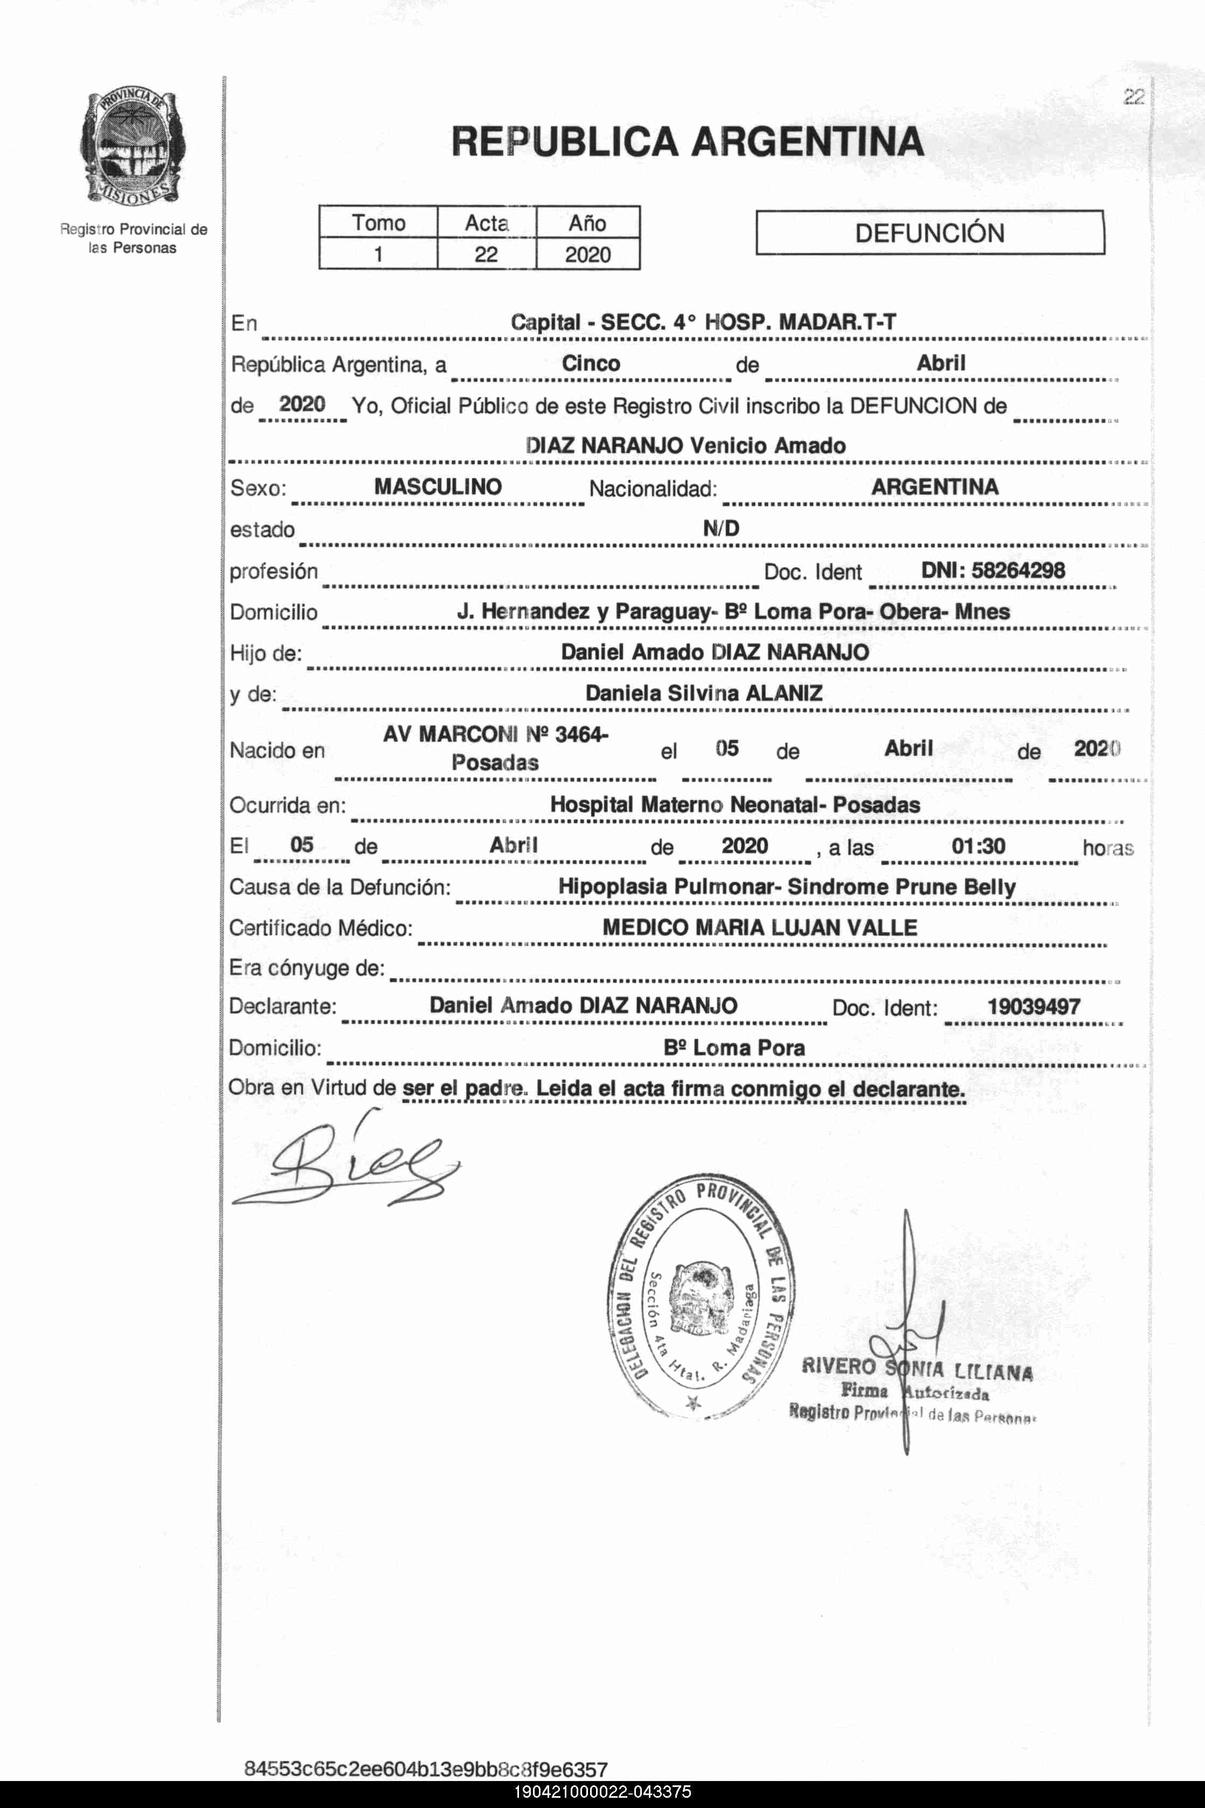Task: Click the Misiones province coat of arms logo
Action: pos(132,148)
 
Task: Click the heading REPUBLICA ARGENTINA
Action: pos(687,141)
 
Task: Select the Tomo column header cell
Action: pos(378,223)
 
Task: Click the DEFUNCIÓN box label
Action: pos(929,233)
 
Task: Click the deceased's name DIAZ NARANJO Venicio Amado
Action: pos(685,446)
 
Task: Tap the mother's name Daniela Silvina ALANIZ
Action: pos(703,693)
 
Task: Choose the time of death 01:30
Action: pos(978,847)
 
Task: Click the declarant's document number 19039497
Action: pos(1033,1007)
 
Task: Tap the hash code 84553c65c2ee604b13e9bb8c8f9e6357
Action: pos(425,1769)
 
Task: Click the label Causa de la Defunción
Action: pos(340,888)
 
